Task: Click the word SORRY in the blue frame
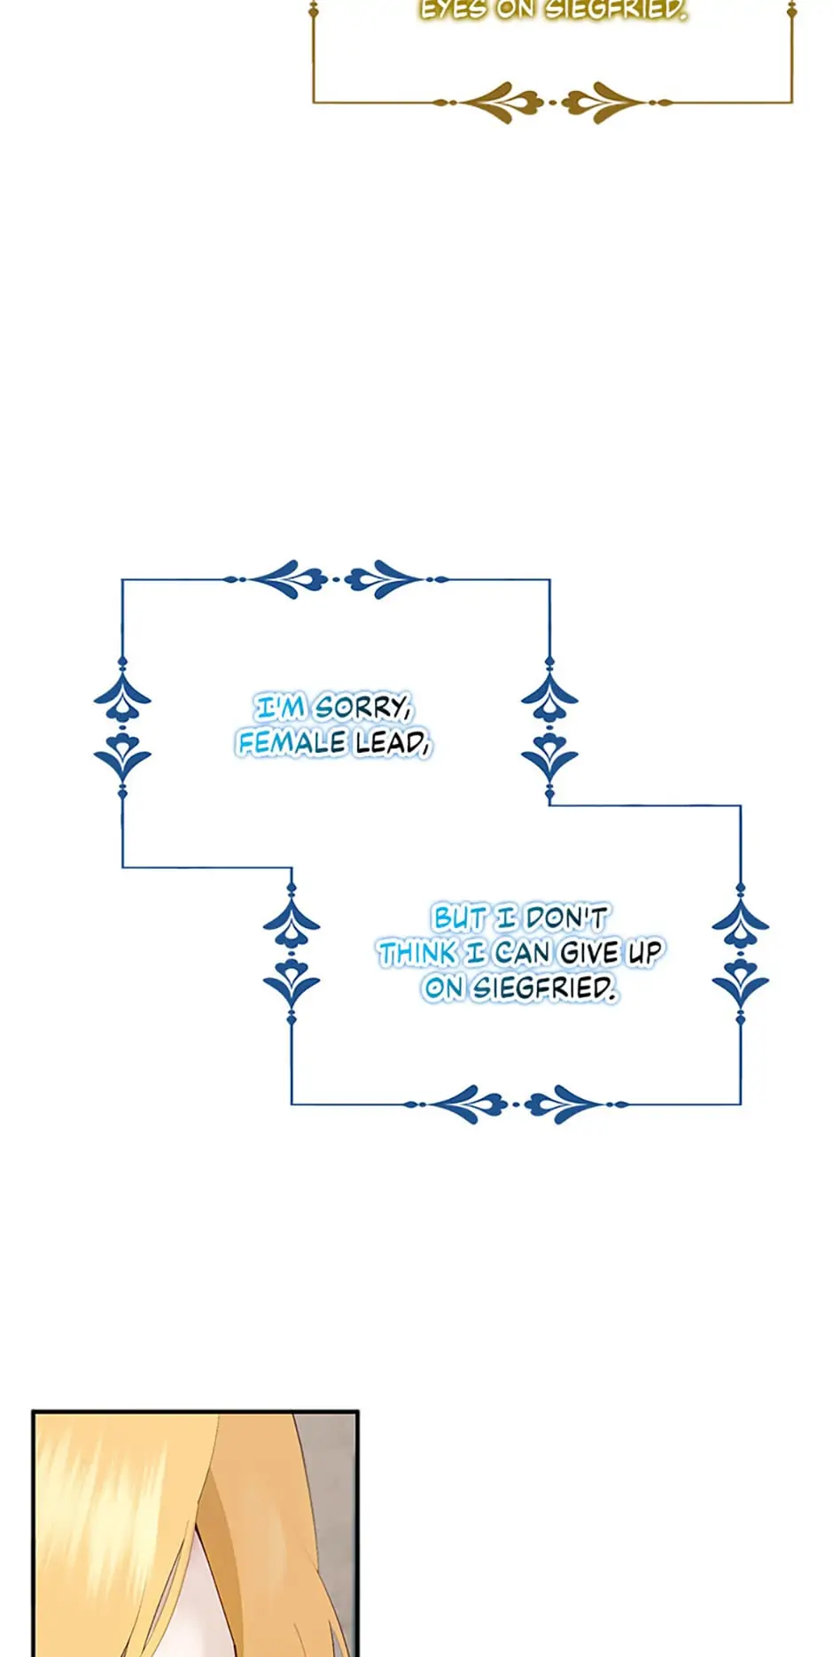click(363, 708)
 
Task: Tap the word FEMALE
click(291, 743)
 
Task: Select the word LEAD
click(392, 743)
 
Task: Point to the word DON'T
click(566, 918)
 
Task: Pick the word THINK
click(418, 953)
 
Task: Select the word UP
click(645, 953)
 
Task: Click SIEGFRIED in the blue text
click(543, 987)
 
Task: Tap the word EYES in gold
click(452, 10)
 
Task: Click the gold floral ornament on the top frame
click(552, 103)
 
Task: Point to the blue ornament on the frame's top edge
click(335, 579)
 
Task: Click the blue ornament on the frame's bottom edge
click(516, 1104)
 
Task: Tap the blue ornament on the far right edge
click(741, 955)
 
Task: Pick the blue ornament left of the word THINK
click(292, 955)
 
